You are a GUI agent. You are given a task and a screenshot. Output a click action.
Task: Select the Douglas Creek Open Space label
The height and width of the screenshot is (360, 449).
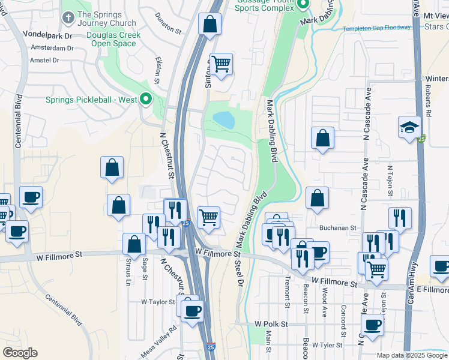[113, 39]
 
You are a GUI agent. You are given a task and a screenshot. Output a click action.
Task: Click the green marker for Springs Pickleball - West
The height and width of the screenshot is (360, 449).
[145, 100]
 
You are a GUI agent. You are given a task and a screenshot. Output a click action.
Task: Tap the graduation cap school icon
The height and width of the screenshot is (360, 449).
[409, 127]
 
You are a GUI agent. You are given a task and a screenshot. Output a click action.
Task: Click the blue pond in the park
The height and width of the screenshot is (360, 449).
[224, 119]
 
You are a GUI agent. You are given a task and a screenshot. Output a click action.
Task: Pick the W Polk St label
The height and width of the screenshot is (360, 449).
[271, 323]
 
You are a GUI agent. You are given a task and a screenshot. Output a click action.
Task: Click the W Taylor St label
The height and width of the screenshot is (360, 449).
[158, 302]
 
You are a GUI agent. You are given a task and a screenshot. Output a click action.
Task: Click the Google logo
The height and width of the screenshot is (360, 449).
[20, 353]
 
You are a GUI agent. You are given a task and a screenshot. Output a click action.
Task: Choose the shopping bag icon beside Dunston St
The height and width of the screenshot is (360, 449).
[209, 25]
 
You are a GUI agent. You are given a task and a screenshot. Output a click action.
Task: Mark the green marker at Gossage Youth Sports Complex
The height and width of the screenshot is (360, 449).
[303, 5]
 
